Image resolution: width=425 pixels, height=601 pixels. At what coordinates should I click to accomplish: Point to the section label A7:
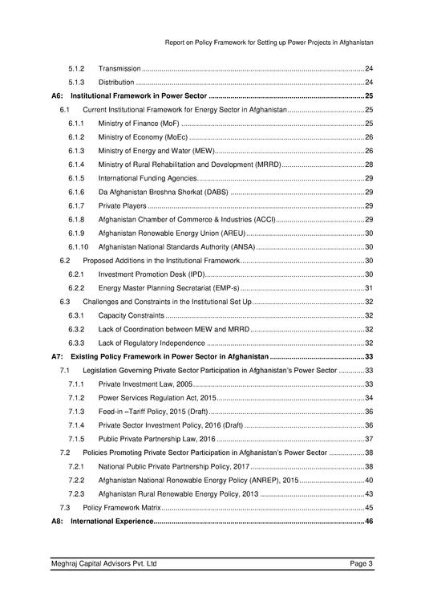click(57, 356)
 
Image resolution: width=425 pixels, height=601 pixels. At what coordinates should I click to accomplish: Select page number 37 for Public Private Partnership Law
click(369, 439)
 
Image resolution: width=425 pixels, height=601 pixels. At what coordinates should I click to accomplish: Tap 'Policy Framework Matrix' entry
click(123, 508)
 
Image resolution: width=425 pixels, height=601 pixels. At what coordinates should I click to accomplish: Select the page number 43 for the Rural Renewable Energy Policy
click(369, 494)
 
